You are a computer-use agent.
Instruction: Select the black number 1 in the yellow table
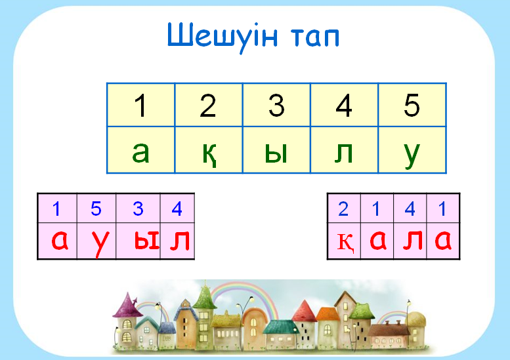tap(140, 106)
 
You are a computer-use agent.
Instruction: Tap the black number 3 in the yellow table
tap(277, 106)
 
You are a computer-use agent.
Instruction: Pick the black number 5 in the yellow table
tap(412, 106)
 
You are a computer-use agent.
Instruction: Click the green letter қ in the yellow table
tap(209, 153)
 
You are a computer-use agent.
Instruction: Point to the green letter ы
tap(276, 153)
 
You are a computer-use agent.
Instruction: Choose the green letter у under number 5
tap(412, 156)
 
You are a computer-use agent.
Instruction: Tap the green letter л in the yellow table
tap(344, 153)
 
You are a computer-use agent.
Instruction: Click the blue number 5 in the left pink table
tap(96, 209)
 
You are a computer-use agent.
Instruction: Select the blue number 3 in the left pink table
tap(138, 209)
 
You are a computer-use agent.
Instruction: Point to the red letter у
tap(100, 244)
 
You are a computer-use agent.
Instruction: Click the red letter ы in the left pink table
tap(146, 241)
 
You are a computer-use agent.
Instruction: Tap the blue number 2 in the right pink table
tap(343, 209)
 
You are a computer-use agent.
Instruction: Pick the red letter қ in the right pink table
tap(345, 243)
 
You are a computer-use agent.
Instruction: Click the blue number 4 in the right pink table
tap(410, 209)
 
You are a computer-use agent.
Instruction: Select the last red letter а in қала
tap(443, 240)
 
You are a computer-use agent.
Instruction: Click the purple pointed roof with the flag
tap(128, 306)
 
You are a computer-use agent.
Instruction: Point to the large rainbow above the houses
tap(244, 284)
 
